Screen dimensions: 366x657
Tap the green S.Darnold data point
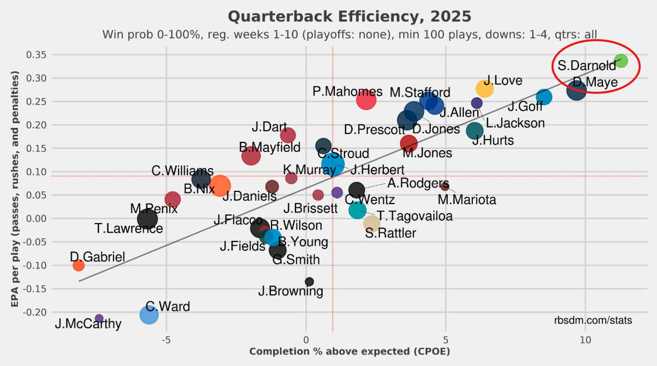click(621, 61)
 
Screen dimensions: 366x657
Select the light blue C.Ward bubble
click(149, 315)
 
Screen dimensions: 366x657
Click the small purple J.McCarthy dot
click(99, 318)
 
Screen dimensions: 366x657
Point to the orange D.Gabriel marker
click(78, 265)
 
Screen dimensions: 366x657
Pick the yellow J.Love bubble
click(485, 88)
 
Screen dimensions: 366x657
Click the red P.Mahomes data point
click(366, 100)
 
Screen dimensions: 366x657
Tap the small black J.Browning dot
click(309, 281)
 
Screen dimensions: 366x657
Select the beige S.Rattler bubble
click(372, 223)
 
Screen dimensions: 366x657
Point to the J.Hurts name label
click(493, 141)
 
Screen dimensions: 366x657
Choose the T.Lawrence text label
click(129, 228)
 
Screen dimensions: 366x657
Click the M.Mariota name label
click(467, 199)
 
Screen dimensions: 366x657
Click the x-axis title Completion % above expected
click(349, 352)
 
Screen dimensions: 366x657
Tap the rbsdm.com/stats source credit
click(592, 320)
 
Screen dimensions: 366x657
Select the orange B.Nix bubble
click(220, 186)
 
